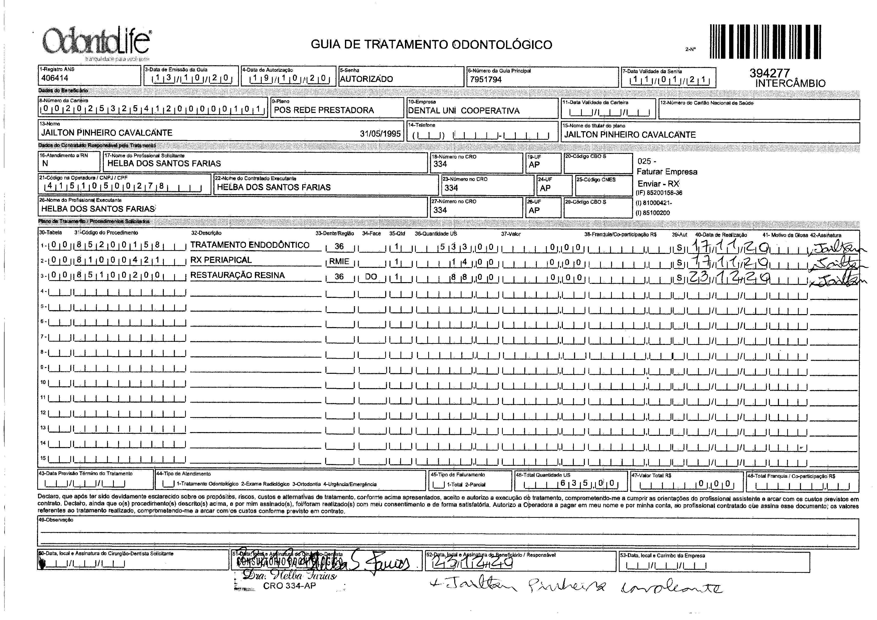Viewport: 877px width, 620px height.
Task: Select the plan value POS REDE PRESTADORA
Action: click(324, 110)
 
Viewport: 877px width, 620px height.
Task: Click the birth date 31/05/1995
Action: click(380, 134)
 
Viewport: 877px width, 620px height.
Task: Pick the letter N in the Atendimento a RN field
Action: click(45, 163)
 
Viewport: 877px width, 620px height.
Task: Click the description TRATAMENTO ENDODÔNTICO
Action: click(250, 245)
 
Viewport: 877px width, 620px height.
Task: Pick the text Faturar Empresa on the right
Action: click(667, 172)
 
